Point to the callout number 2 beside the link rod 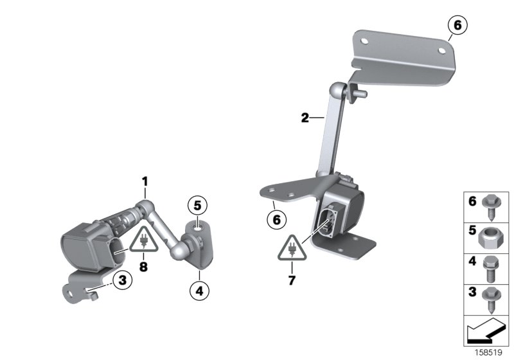(x=305, y=118)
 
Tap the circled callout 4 (x=199, y=291)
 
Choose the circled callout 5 (x=197, y=206)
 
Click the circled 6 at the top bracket (x=457, y=26)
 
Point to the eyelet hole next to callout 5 (x=197, y=226)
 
